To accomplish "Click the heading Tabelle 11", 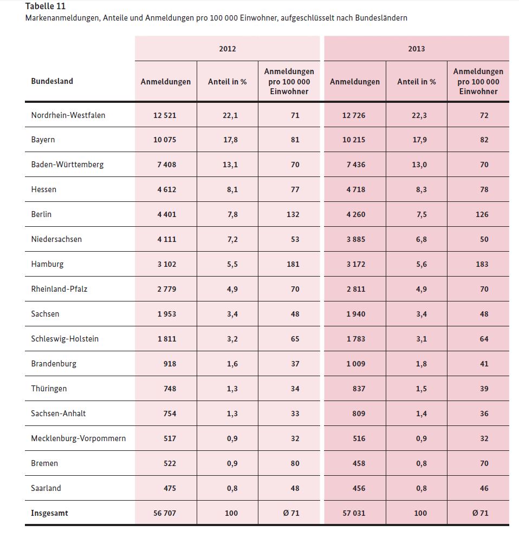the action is tap(46, 6).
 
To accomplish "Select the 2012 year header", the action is tap(228, 49).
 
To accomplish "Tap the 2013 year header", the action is tap(416, 49).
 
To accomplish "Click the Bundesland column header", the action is tap(52, 81).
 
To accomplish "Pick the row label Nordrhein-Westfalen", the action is tap(68, 115).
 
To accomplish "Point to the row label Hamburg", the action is tap(47, 264).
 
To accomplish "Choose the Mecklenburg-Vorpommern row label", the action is tap(79, 438).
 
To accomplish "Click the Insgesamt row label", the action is tap(49, 513).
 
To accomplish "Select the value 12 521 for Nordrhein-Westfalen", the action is tap(165, 115).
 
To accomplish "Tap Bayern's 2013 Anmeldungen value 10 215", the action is tap(354, 140).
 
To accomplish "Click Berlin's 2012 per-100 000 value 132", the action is tap(293, 214).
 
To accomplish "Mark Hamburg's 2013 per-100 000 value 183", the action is tap(482, 264).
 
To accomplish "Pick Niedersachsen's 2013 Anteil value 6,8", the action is tap(421, 239).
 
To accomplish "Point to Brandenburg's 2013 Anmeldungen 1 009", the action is tap(356, 364).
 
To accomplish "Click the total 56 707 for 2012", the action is tap(165, 513).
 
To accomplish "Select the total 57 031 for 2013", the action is tap(354, 513).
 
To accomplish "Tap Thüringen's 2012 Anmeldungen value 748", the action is tap(170, 389).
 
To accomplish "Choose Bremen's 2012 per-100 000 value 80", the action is tap(295, 463).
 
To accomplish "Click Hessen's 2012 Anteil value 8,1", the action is tap(232, 190).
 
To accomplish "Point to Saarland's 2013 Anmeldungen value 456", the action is tap(359, 488).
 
